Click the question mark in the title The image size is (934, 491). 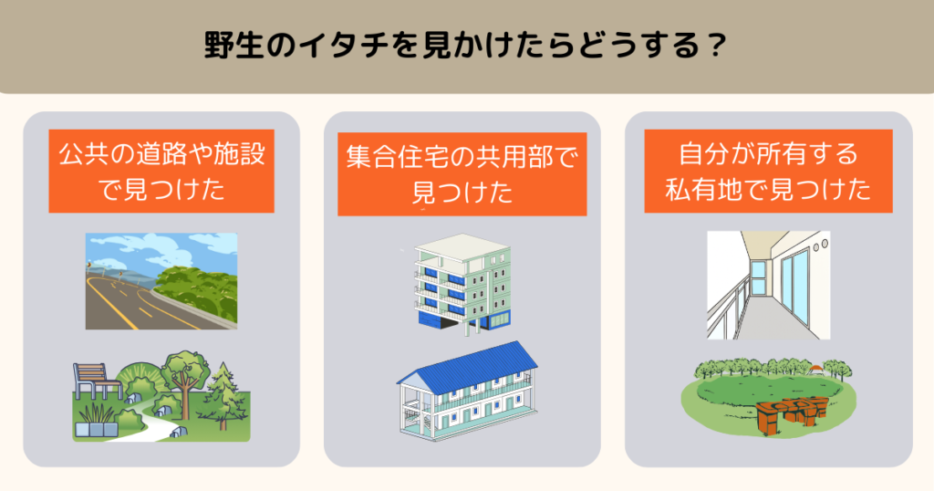[x=716, y=46]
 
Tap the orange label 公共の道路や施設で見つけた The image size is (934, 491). [x=161, y=171]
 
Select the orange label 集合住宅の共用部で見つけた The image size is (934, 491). [x=462, y=174]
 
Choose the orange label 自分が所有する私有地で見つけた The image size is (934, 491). [x=768, y=171]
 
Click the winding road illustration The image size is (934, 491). [x=161, y=281]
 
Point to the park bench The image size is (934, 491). [x=95, y=381]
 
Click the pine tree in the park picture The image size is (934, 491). [x=223, y=396]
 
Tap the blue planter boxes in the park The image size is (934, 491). [x=96, y=429]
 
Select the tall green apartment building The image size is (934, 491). [x=462, y=285]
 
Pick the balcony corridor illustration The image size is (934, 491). [x=768, y=285]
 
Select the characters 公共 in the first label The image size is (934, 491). [x=83, y=153]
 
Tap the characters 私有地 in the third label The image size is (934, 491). [x=703, y=190]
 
